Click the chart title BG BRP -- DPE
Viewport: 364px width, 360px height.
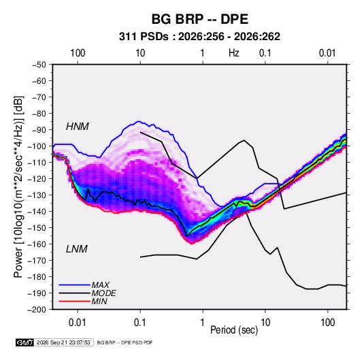200,19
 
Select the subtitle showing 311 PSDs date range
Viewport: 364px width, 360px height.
199,37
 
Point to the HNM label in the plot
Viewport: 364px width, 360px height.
78,127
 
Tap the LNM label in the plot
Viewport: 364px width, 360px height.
77,249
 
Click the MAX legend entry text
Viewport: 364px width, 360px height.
100,285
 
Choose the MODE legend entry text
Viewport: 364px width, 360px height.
104,293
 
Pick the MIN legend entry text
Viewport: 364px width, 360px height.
99,301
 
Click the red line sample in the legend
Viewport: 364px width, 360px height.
74,301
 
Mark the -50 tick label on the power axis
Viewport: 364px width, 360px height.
39,65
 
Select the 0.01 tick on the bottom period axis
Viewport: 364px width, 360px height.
78,323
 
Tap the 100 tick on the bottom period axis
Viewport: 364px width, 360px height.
327,323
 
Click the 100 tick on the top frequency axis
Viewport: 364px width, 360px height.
78,53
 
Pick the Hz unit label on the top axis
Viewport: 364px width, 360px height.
234,53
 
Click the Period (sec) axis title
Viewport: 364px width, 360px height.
234,330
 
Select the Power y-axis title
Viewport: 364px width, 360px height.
18,186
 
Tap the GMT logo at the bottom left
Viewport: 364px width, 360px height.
25,342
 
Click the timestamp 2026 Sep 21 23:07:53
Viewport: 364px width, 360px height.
63,342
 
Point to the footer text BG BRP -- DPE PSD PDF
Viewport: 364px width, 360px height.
125,342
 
